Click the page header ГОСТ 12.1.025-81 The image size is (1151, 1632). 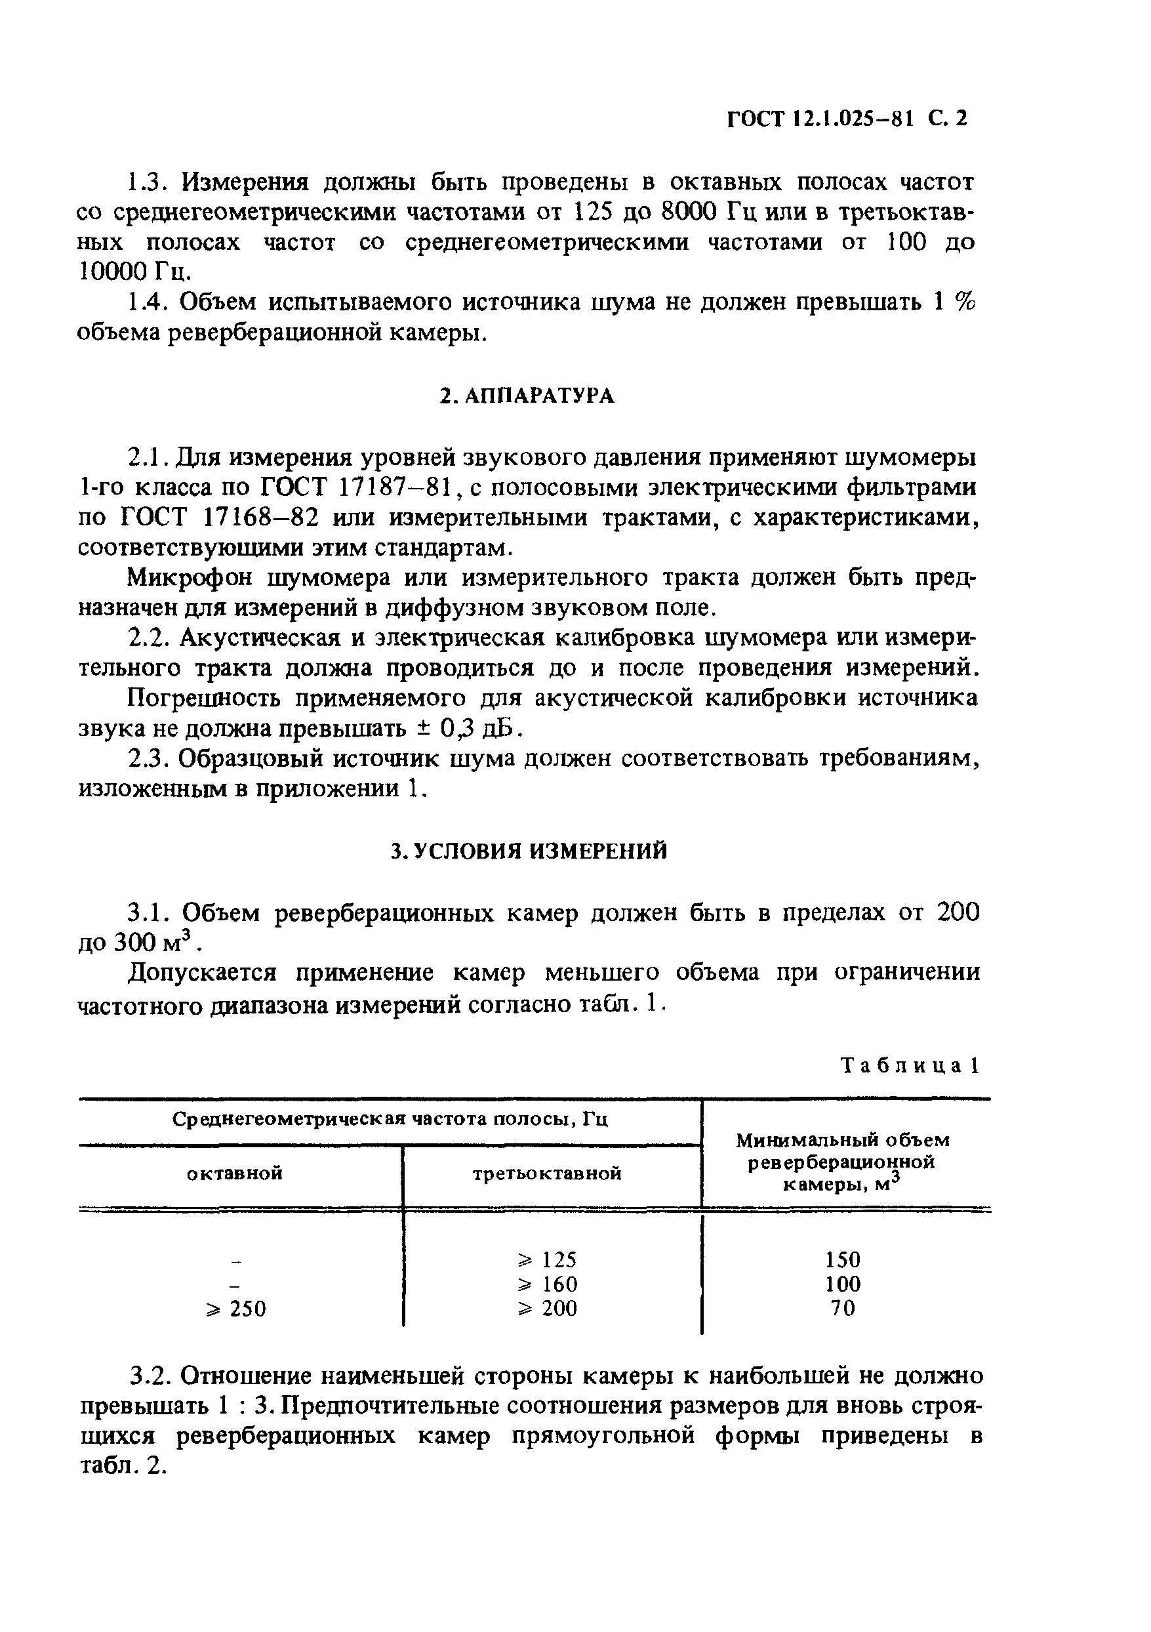tap(846, 118)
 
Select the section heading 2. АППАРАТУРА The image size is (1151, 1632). tap(527, 396)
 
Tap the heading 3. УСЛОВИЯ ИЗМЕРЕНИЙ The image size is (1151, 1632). tap(530, 851)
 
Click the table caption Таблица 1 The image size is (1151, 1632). tap(910, 1065)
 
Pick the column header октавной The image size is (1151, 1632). tap(235, 1173)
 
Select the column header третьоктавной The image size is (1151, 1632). tap(547, 1173)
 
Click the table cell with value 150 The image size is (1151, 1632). tap(843, 1260)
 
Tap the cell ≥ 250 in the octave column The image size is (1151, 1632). tap(235, 1309)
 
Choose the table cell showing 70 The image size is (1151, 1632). tap(843, 1309)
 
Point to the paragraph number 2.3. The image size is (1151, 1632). tap(148, 759)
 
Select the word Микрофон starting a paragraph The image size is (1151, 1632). tap(189, 577)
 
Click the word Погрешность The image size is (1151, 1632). tap(205, 698)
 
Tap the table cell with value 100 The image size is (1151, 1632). tap(843, 1284)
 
